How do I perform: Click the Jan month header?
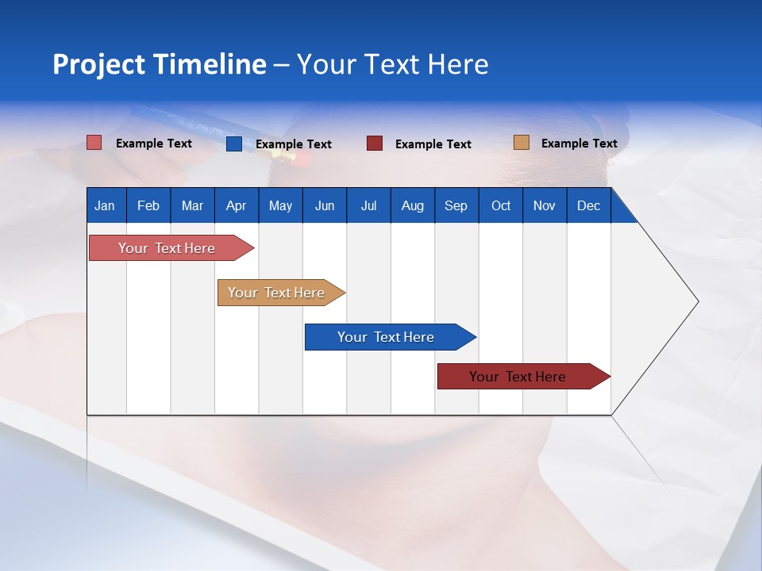coord(106,205)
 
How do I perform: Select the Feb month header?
coord(148,205)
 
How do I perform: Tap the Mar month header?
coord(192,205)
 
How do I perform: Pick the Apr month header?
coord(237,205)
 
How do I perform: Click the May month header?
coord(280,205)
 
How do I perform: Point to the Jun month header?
coord(325,205)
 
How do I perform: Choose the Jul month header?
coord(368,205)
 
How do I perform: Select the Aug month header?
coord(413,205)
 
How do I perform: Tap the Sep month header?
coord(456,205)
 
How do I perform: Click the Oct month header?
coord(501,205)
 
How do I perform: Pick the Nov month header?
coord(545,205)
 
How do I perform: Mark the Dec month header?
coord(589,205)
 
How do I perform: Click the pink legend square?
coord(94,143)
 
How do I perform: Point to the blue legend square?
coord(234,144)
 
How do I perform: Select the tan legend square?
coord(521,143)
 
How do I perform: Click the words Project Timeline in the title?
coord(160,64)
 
